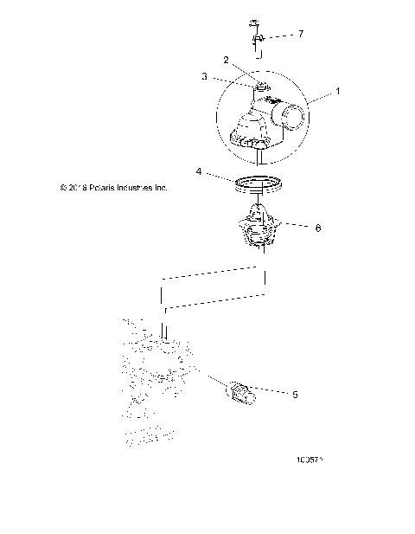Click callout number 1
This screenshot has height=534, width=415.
[338, 91]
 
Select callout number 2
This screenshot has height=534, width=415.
[226, 61]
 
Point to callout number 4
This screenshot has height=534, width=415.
[199, 172]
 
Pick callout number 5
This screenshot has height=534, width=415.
[295, 394]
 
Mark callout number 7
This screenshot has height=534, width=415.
[300, 34]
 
